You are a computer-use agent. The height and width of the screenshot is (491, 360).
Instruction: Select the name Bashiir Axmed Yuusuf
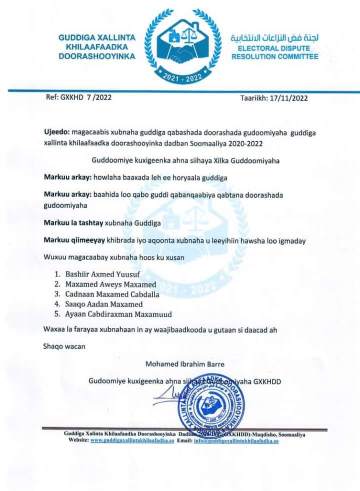coord(103,274)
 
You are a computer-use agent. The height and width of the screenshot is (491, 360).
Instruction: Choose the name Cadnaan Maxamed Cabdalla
coord(112,294)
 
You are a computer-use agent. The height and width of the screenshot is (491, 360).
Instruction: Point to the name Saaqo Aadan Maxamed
coord(104,304)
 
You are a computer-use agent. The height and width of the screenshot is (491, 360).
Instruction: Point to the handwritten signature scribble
coord(167,397)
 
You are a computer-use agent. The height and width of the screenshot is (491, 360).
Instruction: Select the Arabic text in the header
coord(274,38)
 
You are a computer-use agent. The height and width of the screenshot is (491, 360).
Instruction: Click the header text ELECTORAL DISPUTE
coord(273,48)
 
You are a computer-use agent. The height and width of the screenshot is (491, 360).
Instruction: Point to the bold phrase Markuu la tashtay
coord(72,224)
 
